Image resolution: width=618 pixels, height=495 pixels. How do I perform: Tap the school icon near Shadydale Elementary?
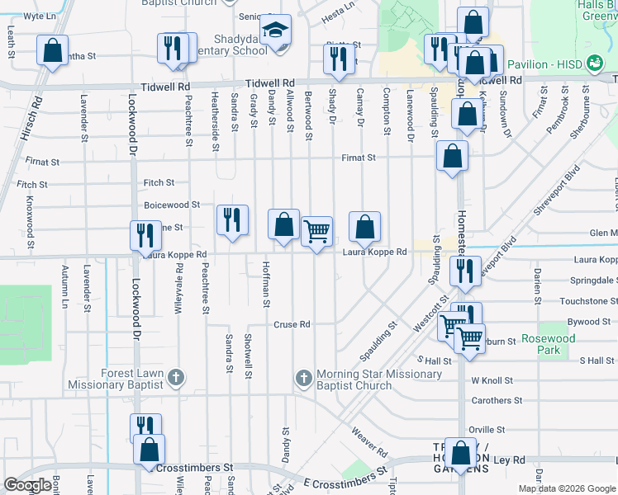click(275, 31)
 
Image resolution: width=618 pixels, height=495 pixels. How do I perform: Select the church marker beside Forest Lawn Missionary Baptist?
click(175, 378)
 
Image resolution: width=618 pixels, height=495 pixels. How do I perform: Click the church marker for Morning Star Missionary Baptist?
click(303, 379)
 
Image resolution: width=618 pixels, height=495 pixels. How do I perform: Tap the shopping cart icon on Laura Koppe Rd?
click(317, 232)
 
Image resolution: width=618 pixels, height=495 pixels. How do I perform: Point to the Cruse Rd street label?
click(292, 325)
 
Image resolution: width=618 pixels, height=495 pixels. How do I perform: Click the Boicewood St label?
click(172, 205)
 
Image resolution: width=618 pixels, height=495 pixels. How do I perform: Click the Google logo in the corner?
click(27, 485)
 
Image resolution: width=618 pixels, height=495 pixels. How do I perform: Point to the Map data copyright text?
click(567, 488)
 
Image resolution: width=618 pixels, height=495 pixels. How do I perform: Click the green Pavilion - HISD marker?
click(593, 64)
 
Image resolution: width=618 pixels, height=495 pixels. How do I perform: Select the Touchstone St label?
click(588, 302)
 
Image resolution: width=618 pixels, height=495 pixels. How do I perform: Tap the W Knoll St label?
click(492, 381)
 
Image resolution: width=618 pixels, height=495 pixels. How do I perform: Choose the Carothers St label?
click(496, 401)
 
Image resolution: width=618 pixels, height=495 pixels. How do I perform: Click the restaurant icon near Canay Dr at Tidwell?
click(338, 59)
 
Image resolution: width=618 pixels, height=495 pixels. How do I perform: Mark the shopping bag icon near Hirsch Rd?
click(52, 51)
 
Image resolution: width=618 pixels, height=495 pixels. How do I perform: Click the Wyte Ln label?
click(40, 16)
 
